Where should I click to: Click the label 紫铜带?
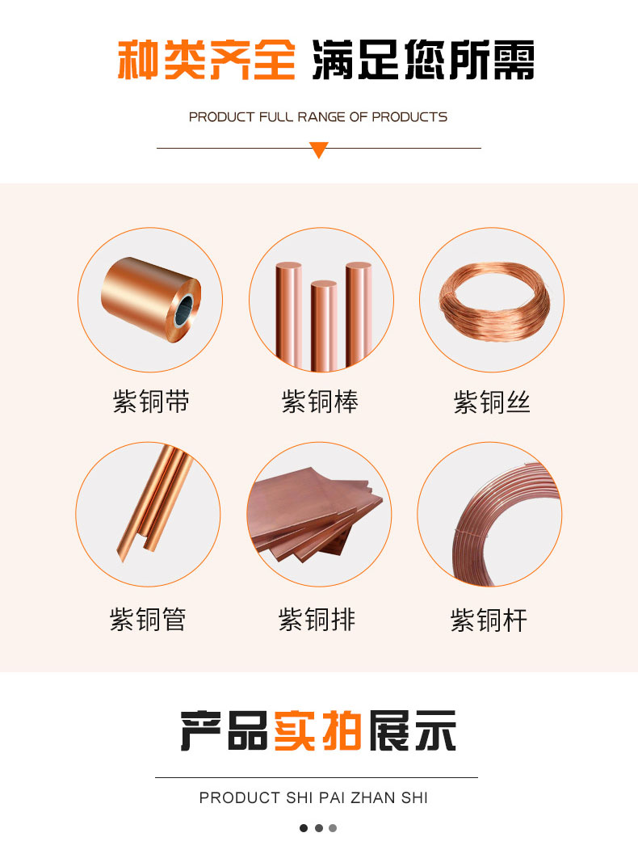tap(151, 402)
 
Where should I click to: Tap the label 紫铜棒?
tap(320, 402)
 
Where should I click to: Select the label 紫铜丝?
tap(492, 402)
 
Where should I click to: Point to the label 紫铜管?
tap(148, 619)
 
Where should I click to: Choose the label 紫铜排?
tap(317, 619)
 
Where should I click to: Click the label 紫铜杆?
tap(489, 621)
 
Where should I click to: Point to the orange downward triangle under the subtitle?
tap(319, 149)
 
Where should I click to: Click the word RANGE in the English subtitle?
tap(321, 116)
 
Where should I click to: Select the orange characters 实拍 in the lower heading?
tap(317, 730)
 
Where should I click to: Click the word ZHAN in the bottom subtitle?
tap(373, 797)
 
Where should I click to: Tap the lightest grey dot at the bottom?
tap(333, 828)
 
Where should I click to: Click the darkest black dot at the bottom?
tap(304, 828)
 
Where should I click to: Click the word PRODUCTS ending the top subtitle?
tap(409, 116)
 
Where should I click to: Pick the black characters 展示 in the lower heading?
tap(412, 730)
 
